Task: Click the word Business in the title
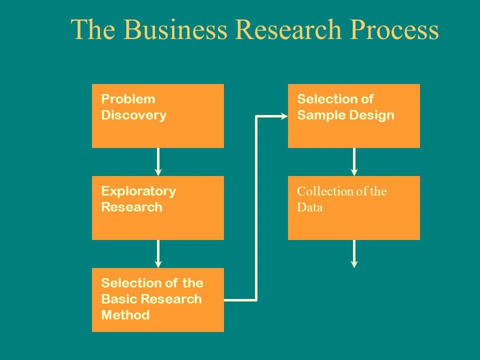tap(174, 30)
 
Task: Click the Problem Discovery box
tap(158, 115)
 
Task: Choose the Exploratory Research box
tap(158, 207)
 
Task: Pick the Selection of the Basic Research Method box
tap(158, 299)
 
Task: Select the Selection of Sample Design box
tap(354, 115)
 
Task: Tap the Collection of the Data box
tap(354, 207)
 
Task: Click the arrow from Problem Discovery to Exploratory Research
tap(158, 161)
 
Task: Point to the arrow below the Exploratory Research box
tap(158, 253)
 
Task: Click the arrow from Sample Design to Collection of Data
tap(354, 161)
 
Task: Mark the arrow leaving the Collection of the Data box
tap(354, 253)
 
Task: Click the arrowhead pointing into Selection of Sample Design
tap(284, 116)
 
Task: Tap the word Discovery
tap(133, 115)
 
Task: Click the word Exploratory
tap(138, 191)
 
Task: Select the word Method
tap(125, 315)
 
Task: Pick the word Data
tap(310, 207)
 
